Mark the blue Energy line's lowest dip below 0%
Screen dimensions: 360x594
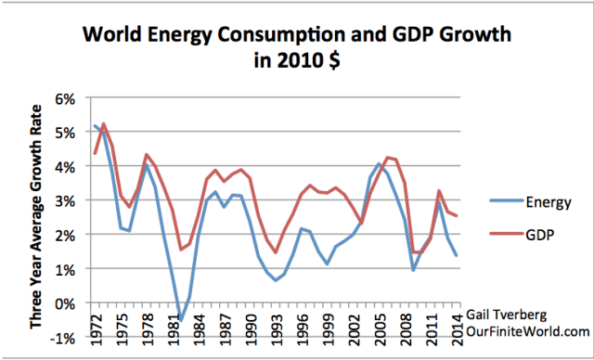coord(180,321)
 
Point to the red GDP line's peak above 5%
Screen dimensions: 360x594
coord(104,123)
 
